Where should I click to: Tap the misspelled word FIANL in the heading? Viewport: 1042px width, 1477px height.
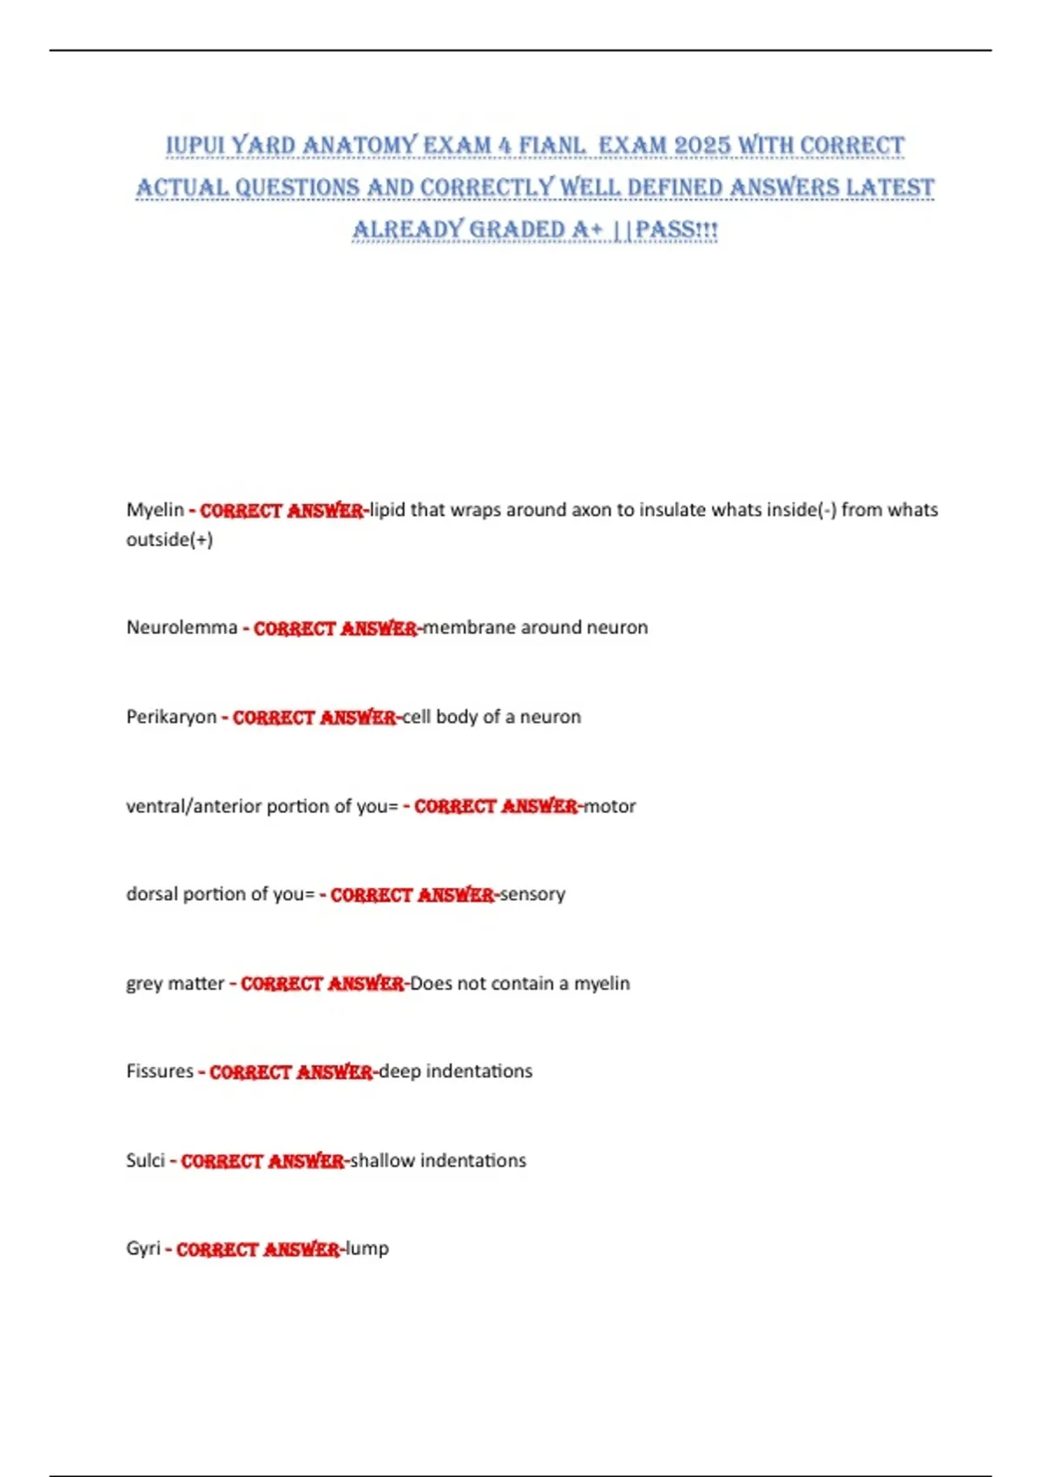[x=552, y=145]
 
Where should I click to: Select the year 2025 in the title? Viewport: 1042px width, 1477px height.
[x=702, y=145]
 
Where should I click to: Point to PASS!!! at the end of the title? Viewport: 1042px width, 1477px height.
[x=676, y=230]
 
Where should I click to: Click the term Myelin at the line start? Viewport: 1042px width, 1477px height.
[x=155, y=510]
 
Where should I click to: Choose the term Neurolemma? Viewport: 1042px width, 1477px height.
[x=181, y=627]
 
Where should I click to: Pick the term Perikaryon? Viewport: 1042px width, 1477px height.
[x=171, y=717]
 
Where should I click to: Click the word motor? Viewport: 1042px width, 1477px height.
[x=610, y=806]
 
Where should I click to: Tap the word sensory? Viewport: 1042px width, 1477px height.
[x=532, y=894]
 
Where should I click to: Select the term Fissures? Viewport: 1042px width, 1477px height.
[x=160, y=1071]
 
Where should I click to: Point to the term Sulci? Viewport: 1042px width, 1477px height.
[x=145, y=1161]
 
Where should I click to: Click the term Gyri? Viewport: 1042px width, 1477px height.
[x=143, y=1248]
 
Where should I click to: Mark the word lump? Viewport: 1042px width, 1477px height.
[x=367, y=1248]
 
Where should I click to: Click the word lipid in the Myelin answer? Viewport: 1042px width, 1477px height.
[x=387, y=510]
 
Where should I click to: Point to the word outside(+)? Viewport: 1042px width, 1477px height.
[x=169, y=540]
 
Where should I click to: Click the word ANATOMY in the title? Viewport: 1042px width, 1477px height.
[x=359, y=145]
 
